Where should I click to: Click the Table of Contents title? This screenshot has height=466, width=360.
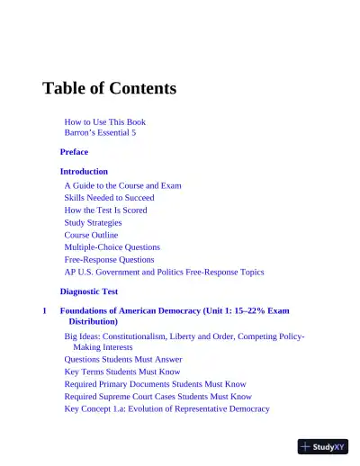pos(109,88)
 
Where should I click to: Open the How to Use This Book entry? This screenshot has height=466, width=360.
pos(104,121)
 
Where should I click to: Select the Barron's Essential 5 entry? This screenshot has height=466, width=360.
pos(100,132)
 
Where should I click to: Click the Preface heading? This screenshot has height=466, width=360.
pos(74,152)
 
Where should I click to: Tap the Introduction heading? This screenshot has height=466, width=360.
pos(84,171)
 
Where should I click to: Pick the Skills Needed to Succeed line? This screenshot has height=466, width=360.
pos(109,197)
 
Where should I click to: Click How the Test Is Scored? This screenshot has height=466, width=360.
pos(105,210)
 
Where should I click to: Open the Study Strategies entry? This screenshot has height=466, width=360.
pos(93,222)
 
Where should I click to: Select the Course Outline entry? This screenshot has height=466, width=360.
pos(91,235)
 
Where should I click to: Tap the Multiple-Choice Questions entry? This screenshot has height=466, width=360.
pos(112,246)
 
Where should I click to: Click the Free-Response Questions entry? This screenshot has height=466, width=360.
pos(109,259)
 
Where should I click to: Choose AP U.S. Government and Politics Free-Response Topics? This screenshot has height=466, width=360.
pos(164,272)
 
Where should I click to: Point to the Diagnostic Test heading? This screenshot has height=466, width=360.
pos(89,291)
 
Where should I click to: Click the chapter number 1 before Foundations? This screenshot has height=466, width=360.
pos(44,310)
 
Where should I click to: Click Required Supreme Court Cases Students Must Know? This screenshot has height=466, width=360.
pos(157,396)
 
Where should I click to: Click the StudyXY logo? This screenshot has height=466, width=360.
pos(322,445)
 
